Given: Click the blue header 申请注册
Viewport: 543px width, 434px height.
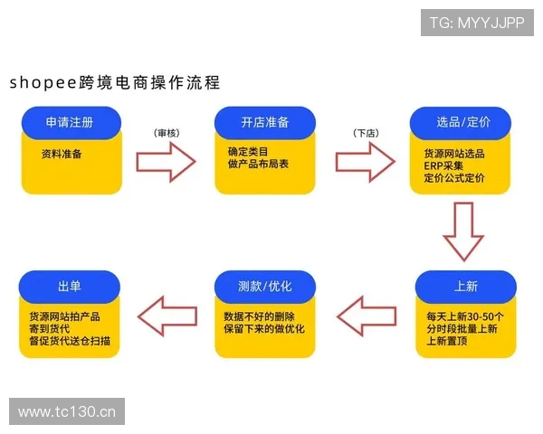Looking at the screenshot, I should [70, 122].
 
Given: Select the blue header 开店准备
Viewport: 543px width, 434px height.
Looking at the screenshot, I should [265, 122].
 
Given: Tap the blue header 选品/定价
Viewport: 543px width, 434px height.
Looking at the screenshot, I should [462, 122].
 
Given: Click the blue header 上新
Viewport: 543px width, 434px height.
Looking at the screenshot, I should [465, 287].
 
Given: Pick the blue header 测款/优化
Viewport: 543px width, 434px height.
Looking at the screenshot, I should [265, 287].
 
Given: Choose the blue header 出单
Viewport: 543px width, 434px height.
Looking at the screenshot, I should [70, 287].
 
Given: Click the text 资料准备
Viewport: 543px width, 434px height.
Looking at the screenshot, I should [62, 154].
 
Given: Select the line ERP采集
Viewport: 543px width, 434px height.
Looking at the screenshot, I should [443, 166].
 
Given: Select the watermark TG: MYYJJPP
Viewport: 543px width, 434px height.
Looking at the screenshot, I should [477, 23].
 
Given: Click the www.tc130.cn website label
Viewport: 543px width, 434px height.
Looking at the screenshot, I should [67, 412].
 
